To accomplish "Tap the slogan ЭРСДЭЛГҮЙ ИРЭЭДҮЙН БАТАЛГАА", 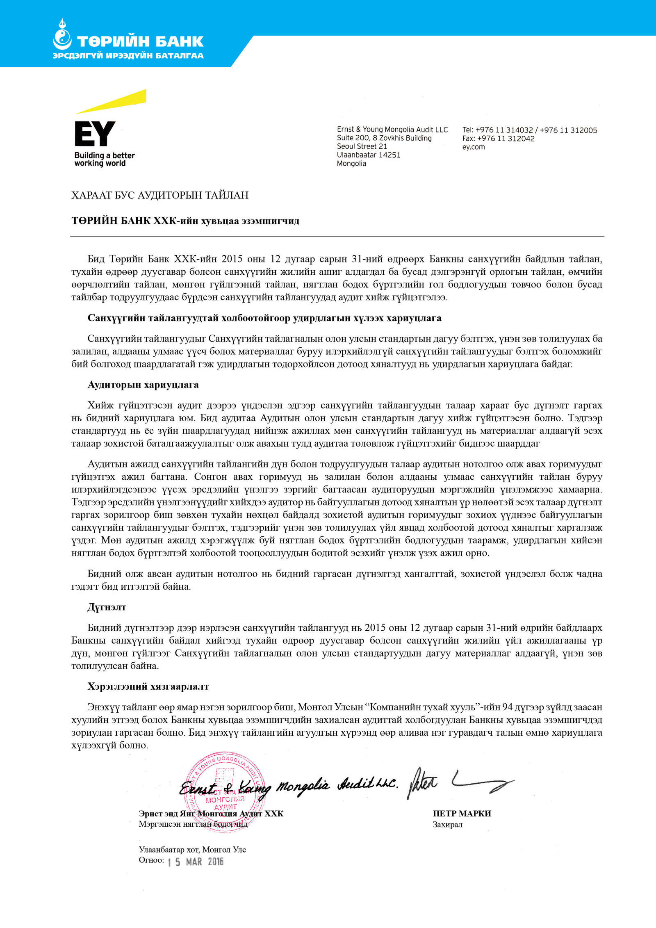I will (x=128, y=56).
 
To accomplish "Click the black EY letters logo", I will (x=95, y=134).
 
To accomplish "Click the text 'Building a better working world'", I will (x=105, y=159).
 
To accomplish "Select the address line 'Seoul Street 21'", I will (x=362, y=146).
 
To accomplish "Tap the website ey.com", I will (x=473, y=147).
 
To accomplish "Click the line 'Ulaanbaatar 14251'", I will (x=368, y=155).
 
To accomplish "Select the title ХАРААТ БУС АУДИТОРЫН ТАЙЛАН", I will (x=160, y=195).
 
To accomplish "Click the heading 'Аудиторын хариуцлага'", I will (x=143, y=385).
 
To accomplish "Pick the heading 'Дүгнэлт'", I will (x=107, y=607).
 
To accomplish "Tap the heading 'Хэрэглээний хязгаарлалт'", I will (x=148, y=686).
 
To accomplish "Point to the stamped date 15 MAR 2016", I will (x=196, y=862).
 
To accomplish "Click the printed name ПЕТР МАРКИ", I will (x=462, y=814).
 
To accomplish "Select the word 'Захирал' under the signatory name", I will (x=447, y=825).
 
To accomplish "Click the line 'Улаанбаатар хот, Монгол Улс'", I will (x=192, y=850).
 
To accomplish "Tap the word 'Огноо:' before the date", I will (x=151, y=860).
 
